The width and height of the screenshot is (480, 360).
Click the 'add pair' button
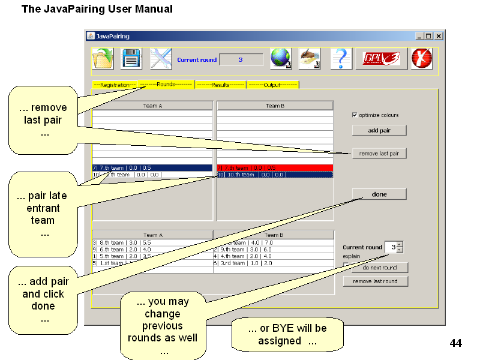(x=379, y=130)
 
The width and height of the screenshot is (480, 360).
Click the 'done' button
(x=379, y=194)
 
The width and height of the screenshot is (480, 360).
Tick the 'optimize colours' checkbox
(x=355, y=115)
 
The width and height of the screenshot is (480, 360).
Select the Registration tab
(x=115, y=85)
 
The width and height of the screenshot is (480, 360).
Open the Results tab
(x=220, y=85)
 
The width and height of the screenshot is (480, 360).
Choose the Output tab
(x=272, y=85)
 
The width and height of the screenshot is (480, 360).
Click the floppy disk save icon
(x=131, y=59)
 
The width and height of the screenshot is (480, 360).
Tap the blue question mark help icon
(x=341, y=59)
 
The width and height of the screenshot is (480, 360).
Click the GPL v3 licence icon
(x=382, y=59)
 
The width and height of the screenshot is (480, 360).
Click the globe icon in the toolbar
(x=281, y=59)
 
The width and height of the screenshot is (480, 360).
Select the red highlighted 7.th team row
(x=274, y=168)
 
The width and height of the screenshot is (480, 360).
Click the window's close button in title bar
(x=439, y=36)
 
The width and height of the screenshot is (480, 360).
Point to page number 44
(x=455, y=343)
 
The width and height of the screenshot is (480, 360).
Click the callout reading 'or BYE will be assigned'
(x=287, y=335)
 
